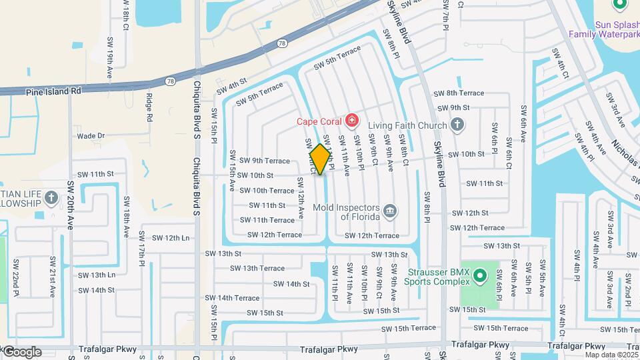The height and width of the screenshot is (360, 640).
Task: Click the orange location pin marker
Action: tap(321, 159)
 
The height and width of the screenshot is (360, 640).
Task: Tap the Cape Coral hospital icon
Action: tap(352, 121)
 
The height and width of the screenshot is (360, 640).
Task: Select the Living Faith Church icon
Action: tap(457, 124)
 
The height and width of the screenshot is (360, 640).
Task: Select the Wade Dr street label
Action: tap(91, 135)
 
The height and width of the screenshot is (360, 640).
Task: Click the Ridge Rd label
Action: tap(149, 108)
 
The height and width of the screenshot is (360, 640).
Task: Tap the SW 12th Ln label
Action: tap(167, 237)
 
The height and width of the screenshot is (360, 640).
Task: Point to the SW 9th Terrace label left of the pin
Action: tap(265, 161)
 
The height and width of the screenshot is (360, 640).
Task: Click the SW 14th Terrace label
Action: tap(237, 298)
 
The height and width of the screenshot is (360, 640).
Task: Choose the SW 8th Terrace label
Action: tap(458, 93)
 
